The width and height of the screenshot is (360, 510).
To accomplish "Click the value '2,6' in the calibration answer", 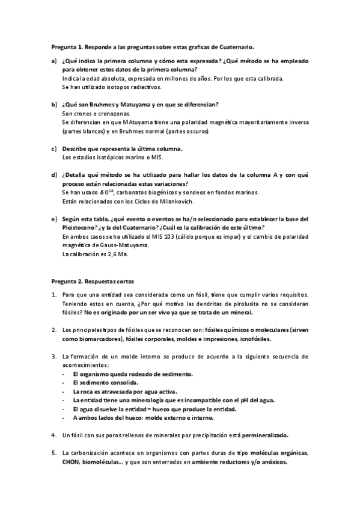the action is point(108,254).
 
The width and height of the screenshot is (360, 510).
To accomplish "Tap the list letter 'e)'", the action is point(54,218).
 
